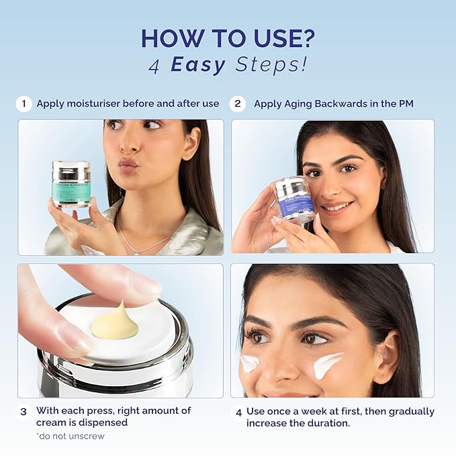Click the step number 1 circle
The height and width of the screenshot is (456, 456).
coord(24,104)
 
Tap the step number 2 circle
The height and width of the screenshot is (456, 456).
coord(237,104)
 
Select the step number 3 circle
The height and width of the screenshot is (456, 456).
coord(24,411)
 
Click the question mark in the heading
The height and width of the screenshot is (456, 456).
coord(306,38)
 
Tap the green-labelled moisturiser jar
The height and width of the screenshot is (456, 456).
coord(71,183)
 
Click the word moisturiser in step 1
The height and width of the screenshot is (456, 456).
coord(93,104)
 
